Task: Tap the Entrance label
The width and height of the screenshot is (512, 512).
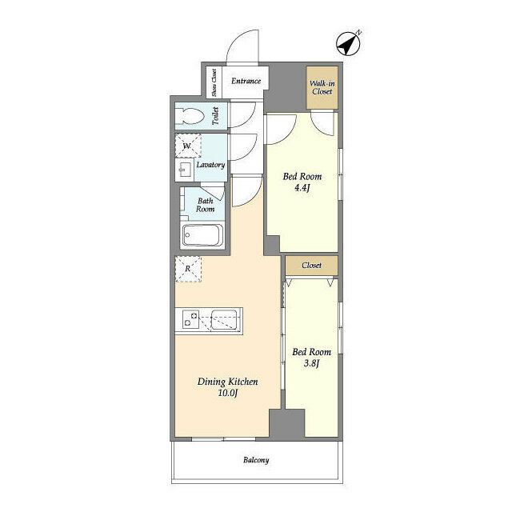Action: pyautogui.click(x=246, y=81)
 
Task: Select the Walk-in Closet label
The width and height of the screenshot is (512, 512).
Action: pyautogui.click(x=322, y=86)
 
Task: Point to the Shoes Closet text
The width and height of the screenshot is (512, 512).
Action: pyautogui.click(x=214, y=82)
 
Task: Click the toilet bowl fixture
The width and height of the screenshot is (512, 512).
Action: pyautogui.click(x=192, y=114)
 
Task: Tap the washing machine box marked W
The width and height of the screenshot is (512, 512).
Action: pyautogui.click(x=188, y=146)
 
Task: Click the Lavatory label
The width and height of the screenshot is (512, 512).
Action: pyautogui.click(x=210, y=165)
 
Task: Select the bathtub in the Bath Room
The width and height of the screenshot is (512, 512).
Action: pyautogui.click(x=202, y=236)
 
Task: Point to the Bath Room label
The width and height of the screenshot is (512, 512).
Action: pyautogui.click(x=206, y=204)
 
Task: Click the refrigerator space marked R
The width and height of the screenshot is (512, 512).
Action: pyautogui.click(x=188, y=269)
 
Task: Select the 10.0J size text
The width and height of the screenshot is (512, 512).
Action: pyautogui.click(x=227, y=394)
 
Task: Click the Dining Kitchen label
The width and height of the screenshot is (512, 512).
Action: pyautogui.click(x=227, y=382)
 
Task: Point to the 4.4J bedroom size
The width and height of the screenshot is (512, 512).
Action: pyautogui.click(x=302, y=189)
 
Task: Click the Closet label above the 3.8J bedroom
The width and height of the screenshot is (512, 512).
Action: pyautogui.click(x=311, y=265)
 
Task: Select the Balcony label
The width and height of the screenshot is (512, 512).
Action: pyautogui.click(x=256, y=460)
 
